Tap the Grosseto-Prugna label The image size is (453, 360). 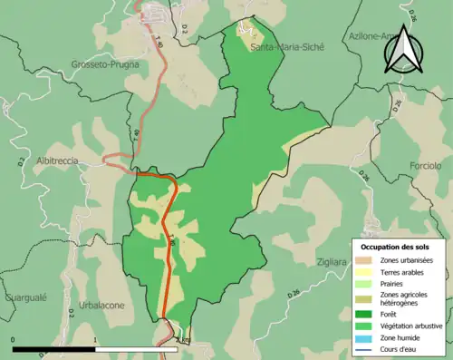[104, 65]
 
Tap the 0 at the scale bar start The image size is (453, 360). [14, 340]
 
